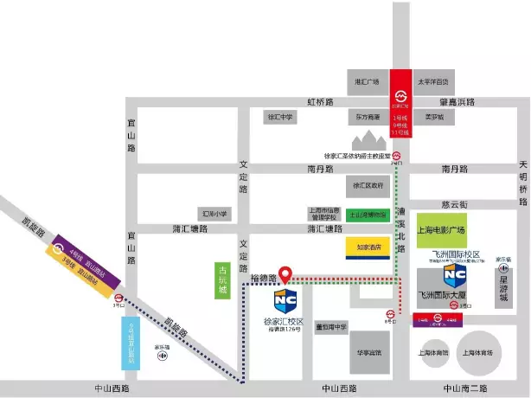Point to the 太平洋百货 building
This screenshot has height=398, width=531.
[x=433, y=82]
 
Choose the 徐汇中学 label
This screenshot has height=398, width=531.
[x=280, y=116]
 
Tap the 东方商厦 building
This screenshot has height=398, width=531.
[x=366, y=116]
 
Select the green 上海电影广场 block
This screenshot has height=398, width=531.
[x=441, y=229]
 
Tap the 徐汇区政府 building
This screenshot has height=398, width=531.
[x=367, y=185]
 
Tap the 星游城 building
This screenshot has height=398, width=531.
[x=504, y=286]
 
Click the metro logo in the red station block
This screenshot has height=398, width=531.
[x=401, y=95]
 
